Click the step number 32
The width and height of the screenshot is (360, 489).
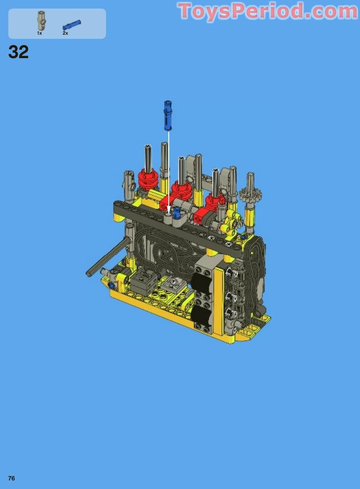(x=18, y=52)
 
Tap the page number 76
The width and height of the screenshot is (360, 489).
(x=11, y=478)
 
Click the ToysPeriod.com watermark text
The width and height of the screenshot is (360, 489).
(x=268, y=11)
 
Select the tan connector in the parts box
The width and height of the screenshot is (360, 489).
(x=41, y=20)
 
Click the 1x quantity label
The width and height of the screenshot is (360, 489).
(x=40, y=33)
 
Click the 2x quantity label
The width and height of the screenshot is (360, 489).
(x=65, y=33)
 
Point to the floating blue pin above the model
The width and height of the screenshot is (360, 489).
(x=168, y=115)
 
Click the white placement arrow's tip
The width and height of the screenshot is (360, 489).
(x=169, y=211)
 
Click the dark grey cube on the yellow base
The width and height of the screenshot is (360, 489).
(x=143, y=282)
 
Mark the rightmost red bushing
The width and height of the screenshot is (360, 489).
(x=215, y=201)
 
